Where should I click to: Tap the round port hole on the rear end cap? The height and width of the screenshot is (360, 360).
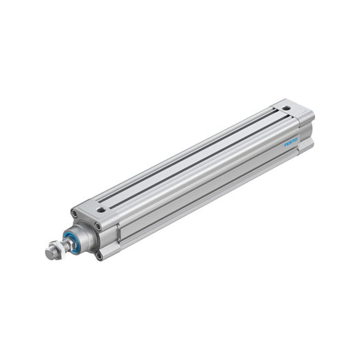coord(286,108)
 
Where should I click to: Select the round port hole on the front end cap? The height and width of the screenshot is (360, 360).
coord(100,209)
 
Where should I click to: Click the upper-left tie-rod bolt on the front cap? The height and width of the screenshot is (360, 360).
coord(74,213)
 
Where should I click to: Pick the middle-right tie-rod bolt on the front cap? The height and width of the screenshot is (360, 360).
coord(98,226)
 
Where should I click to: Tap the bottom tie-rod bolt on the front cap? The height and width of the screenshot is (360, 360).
coord(99,255)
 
